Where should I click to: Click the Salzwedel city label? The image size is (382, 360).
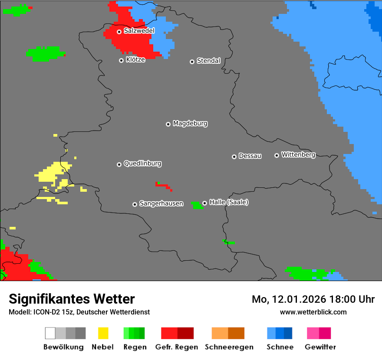pos(139,31)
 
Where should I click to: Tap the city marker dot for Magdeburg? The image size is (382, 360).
pos(168,124)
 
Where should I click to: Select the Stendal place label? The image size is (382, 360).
pos(208,61)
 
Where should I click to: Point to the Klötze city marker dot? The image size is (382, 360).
pos(121,60)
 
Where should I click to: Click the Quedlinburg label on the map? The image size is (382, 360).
pos(142,164)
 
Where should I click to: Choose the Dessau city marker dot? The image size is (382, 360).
pos(234,157)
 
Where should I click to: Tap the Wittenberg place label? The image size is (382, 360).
pos(298,154)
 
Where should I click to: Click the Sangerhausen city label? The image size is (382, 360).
pos(161,203)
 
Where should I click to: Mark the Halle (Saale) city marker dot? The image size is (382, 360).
pos(204,203)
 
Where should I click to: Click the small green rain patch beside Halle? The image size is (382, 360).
pos(197,205)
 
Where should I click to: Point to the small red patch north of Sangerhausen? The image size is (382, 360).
pos(163,186)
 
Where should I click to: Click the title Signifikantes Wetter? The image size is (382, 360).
pos(72,299)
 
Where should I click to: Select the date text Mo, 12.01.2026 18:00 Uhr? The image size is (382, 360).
pos(313,299)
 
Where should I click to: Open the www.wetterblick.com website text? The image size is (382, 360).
pos(313,312)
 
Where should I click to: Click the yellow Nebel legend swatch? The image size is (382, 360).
pos(103,333)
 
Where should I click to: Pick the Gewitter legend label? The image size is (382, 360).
pos(320,347)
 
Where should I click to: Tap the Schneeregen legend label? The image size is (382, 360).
pos(228,347)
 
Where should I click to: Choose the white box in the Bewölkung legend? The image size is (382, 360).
pos(50,333)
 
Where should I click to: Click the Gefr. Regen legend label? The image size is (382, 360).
pos(176,347)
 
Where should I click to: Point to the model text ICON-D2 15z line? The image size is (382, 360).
pos(79,312)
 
